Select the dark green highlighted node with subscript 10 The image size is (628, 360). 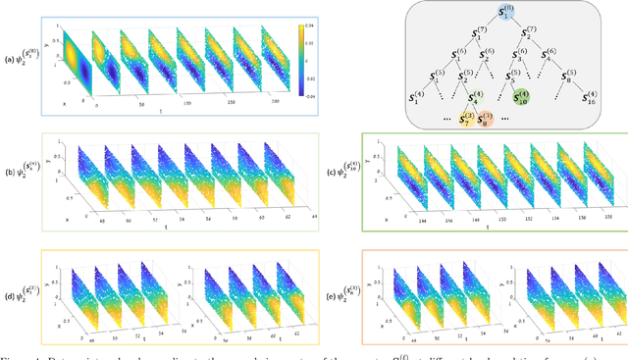point(522,98)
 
